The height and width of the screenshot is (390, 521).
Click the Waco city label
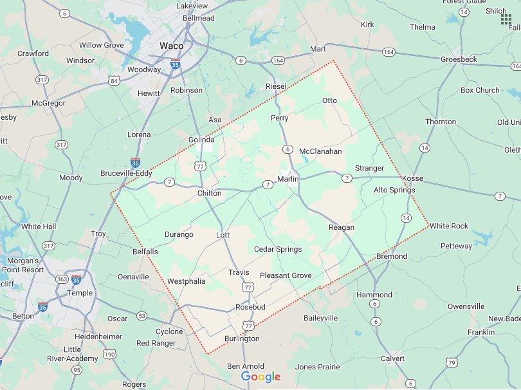[171, 46]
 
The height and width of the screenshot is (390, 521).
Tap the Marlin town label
[288, 178]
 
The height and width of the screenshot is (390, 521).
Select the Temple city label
[80, 293]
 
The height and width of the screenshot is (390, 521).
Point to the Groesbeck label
[459, 59]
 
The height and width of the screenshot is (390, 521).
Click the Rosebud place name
[250, 307]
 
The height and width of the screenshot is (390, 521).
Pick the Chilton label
[209, 193]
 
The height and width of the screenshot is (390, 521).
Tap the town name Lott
[223, 235]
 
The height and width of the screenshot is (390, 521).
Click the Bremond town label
[391, 256]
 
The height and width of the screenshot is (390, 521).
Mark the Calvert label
[392, 358]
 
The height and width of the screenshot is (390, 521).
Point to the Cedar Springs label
[278, 249]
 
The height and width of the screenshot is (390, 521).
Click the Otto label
[329, 100]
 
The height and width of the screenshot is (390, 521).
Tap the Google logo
[260, 376]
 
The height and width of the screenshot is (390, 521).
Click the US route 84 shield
[114, 80]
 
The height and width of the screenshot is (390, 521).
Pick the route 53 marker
[141, 316]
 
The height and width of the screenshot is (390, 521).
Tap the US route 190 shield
[110, 354]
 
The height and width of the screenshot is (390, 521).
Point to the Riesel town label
[275, 86]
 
